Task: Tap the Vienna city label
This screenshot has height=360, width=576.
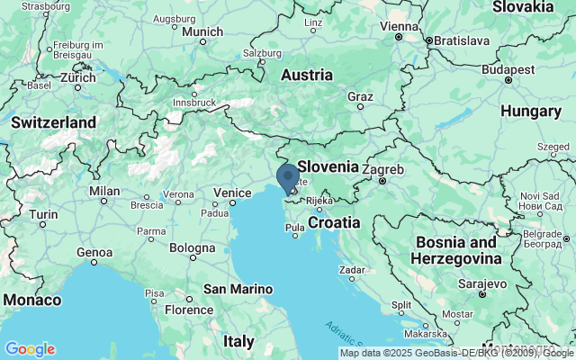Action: [x=399, y=26]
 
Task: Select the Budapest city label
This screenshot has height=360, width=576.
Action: [x=508, y=68]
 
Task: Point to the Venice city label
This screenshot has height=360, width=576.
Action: [x=232, y=193]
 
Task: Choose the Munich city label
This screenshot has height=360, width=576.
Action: [x=202, y=31]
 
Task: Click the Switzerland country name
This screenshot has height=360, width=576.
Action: [x=53, y=121]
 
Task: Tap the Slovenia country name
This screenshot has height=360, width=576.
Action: [x=328, y=166]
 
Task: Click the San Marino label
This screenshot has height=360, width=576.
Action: [x=238, y=289]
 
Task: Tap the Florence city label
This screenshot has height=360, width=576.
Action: [x=188, y=310]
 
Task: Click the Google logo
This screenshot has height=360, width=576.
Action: [x=30, y=348]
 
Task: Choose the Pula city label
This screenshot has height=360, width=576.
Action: [x=295, y=229]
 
